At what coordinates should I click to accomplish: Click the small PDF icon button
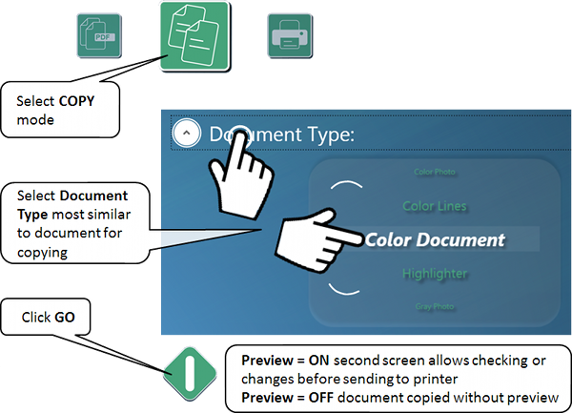94,37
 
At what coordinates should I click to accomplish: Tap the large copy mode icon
194,35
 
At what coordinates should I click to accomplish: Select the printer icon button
286,37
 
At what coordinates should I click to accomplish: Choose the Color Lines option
435,205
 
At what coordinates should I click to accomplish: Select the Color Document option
435,239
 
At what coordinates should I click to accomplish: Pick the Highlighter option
435,274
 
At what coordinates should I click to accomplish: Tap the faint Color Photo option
436,173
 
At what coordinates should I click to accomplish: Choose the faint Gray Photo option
435,306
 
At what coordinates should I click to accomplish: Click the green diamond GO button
189,371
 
